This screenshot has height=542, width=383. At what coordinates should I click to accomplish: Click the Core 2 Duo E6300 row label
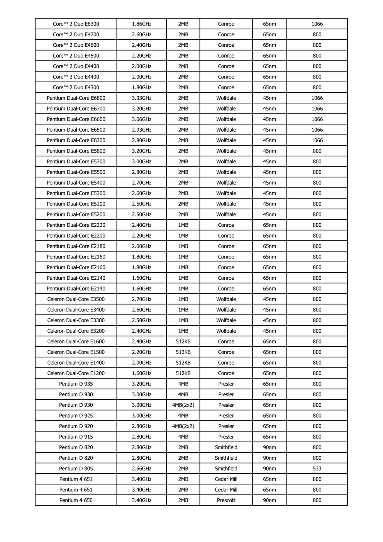(76, 24)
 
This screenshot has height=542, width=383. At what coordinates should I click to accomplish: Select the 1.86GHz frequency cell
(141, 24)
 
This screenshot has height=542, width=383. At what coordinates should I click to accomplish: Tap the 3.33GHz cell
(141, 98)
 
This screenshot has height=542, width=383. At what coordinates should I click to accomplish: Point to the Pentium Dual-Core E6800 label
(76, 98)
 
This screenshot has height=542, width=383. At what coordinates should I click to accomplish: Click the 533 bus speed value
(317, 469)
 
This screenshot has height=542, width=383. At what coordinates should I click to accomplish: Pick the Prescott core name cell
(226, 500)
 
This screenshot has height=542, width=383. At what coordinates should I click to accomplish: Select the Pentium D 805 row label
(76, 469)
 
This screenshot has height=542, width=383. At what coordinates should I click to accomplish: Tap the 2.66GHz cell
(141, 469)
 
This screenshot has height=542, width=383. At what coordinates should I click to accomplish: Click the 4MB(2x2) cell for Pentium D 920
(183, 426)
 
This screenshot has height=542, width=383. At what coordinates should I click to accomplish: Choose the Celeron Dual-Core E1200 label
(76, 373)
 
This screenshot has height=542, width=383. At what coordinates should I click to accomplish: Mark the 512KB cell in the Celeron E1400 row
(183, 363)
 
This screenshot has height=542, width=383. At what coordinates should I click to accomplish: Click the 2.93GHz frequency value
(141, 130)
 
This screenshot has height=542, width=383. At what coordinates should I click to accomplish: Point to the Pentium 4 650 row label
(76, 500)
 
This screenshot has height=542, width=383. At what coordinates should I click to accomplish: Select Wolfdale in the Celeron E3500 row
(226, 299)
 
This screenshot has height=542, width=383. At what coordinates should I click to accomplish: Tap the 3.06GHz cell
(141, 119)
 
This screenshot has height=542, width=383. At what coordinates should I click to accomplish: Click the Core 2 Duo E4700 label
(76, 34)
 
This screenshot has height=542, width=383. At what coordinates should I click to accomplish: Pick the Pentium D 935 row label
(76, 384)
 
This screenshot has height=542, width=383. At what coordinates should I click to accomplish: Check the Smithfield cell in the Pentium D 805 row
(226, 469)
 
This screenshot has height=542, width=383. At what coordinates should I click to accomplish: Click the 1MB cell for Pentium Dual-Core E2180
(183, 246)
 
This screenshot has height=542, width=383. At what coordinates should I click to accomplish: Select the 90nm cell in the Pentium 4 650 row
(269, 500)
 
